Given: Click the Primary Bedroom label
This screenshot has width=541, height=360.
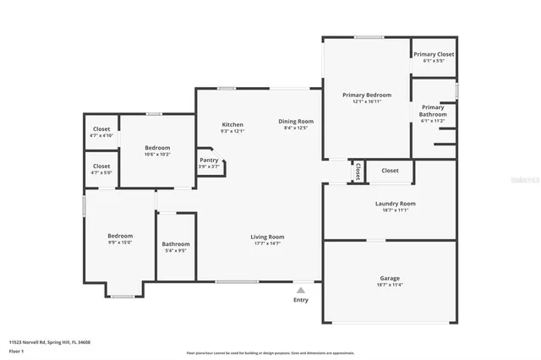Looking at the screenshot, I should pos(366,95).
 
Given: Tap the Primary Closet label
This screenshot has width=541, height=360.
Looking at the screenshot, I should pos(433,54).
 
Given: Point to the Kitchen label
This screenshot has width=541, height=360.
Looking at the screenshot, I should pos(232,124).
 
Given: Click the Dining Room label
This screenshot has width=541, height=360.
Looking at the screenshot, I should pos(296,121).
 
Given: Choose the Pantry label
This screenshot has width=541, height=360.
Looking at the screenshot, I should pos(208,160).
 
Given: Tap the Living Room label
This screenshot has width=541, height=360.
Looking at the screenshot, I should pos(267,237).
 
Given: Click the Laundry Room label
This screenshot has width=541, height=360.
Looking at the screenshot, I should pos(395,204).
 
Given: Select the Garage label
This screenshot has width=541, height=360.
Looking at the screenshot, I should pos(390,278).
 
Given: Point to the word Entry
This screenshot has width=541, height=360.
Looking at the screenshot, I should pos(301,300).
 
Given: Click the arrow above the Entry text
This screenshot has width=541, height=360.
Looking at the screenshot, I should pos(301,289).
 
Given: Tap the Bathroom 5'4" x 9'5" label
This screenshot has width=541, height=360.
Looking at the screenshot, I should pos(176,244).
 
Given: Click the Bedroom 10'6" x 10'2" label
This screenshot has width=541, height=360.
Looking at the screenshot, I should pos(157,148).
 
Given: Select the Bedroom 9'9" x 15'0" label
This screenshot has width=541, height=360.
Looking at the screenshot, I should pos(120,236).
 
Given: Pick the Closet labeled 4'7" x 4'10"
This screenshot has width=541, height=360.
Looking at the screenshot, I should pos(101,129).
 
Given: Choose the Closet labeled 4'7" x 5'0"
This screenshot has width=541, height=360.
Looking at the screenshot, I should pos(101,166).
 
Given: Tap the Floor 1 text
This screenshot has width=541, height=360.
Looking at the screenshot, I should pos(16,350).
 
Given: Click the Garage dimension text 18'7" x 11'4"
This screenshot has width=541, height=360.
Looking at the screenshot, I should pos(390,285).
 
